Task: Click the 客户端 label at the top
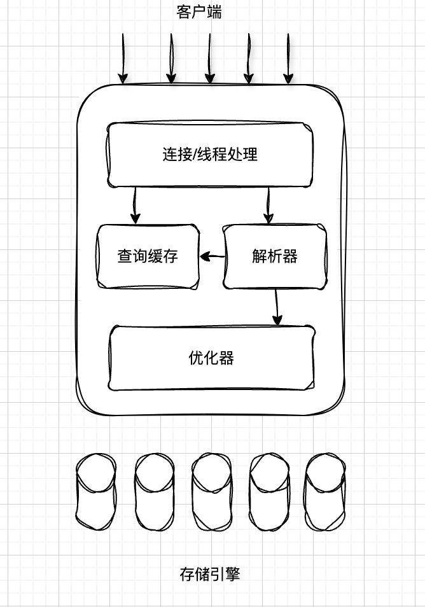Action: click(199, 11)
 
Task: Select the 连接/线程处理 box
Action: click(210, 155)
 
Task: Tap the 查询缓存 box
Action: click(148, 256)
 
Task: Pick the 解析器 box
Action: click(275, 256)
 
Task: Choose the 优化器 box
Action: click(211, 358)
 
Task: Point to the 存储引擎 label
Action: click(210, 575)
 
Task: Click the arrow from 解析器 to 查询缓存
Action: click(212, 256)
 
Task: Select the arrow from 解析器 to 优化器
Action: click(276, 307)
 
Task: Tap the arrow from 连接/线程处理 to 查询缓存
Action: click(135, 205)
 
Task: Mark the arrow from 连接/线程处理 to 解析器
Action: click(268, 205)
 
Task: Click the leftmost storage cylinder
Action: click(96, 491)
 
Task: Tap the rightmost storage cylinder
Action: click(325, 491)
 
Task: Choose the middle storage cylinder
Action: click(211, 491)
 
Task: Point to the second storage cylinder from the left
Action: click(154, 491)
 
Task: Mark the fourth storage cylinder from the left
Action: click(268, 491)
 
